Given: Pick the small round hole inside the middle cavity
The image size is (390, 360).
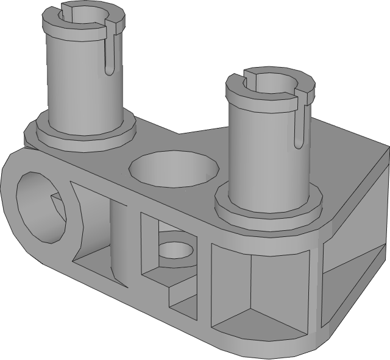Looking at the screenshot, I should click(x=179, y=250).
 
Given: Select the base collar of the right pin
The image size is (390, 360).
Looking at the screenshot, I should click(x=268, y=210).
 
